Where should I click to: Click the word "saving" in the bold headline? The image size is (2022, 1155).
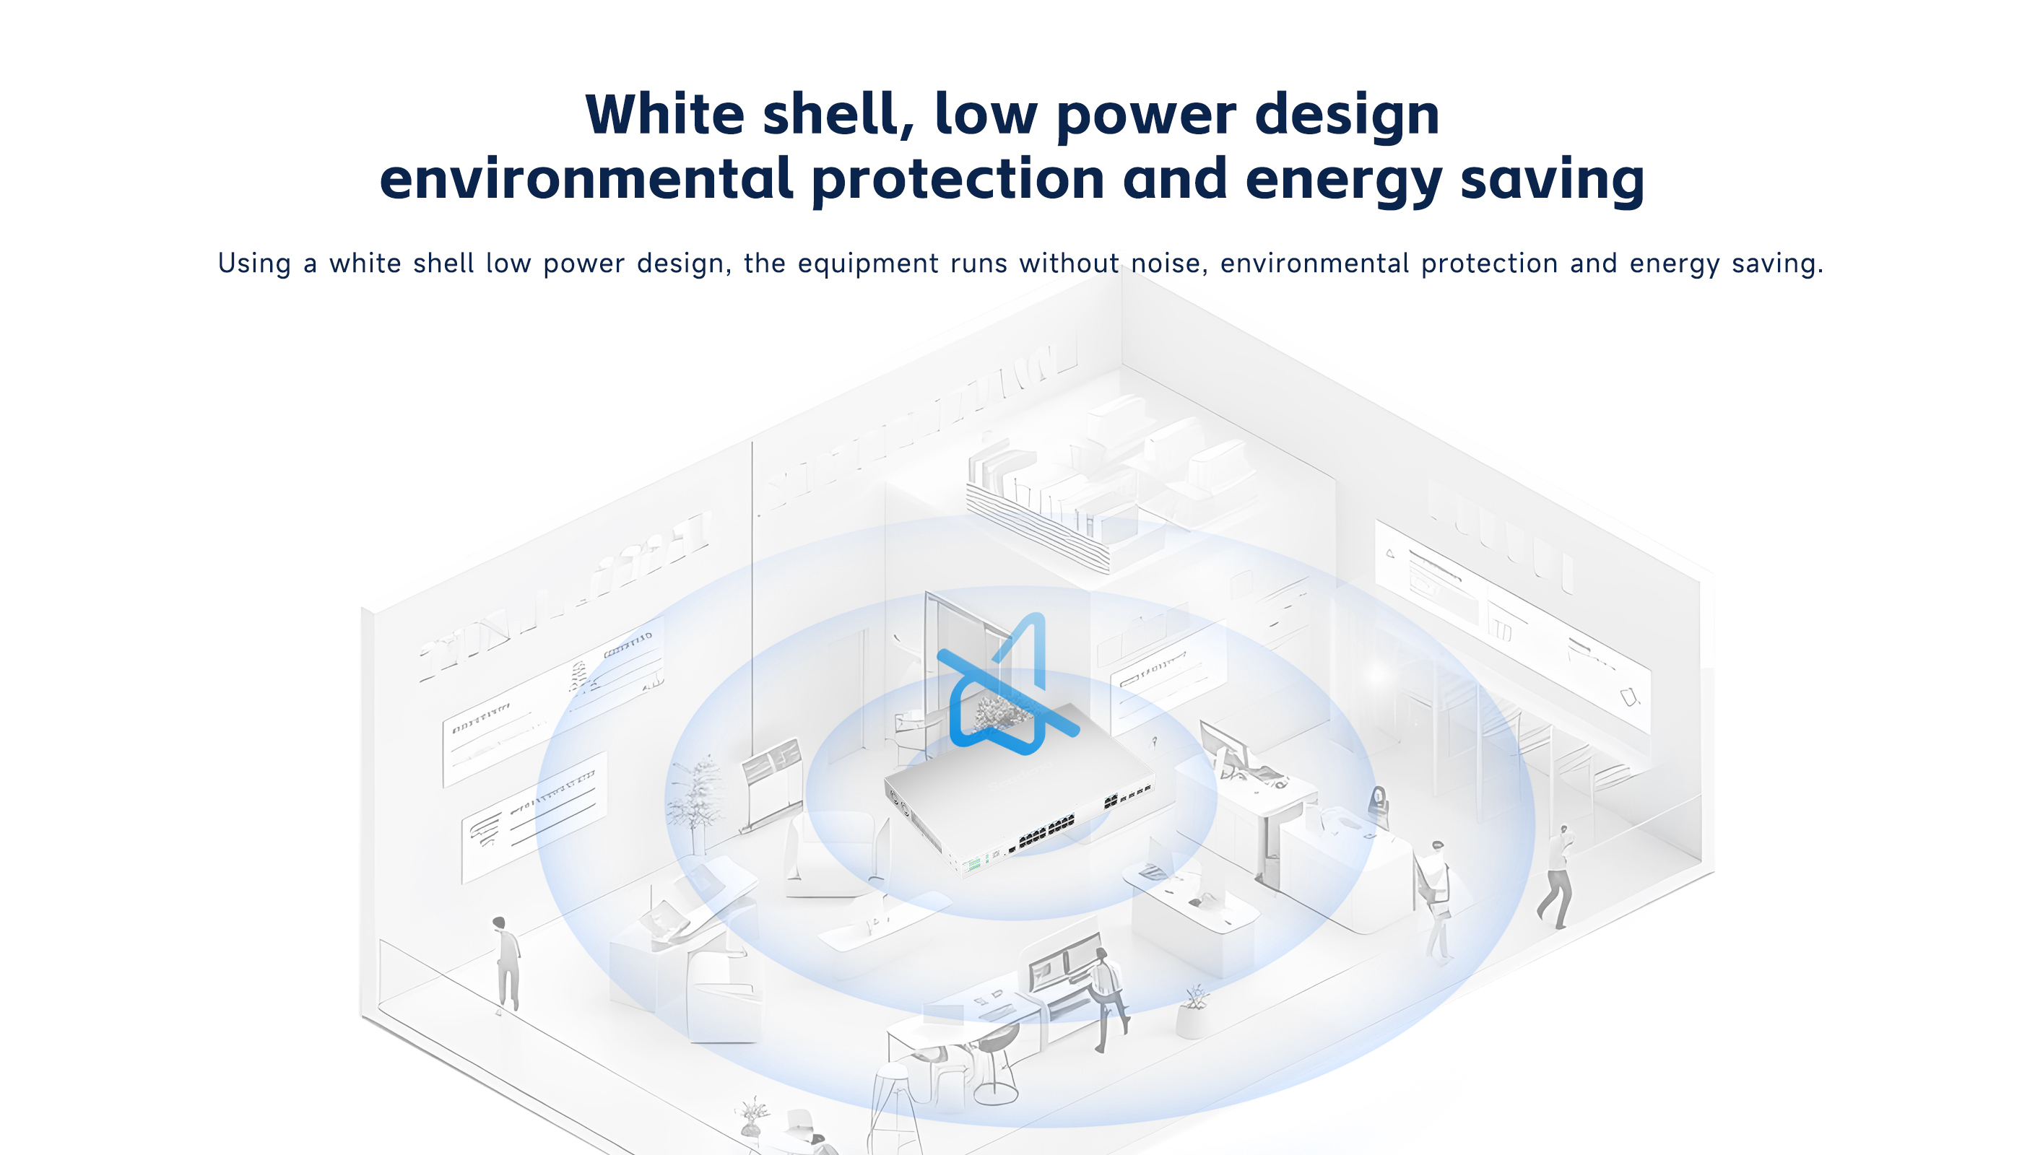1552,182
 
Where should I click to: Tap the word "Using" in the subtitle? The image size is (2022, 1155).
254,263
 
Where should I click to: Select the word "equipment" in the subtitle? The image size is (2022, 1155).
867,264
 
